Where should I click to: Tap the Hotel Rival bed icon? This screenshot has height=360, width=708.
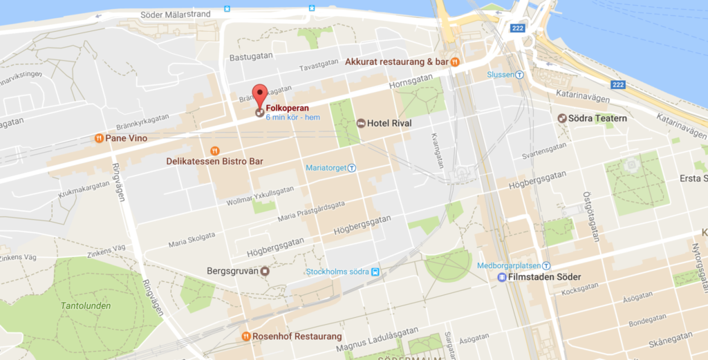point(361,123)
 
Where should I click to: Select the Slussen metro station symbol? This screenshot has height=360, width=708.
point(519,75)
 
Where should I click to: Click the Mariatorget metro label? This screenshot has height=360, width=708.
point(326,167)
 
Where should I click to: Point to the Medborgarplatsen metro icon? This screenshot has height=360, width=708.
point(546,265)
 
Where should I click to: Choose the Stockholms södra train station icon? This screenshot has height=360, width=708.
point(375,271)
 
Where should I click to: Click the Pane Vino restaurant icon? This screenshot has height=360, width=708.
point(100,138)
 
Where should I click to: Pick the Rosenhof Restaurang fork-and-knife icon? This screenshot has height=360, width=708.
point(245,337)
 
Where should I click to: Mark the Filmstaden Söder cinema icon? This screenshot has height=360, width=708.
point(501,277)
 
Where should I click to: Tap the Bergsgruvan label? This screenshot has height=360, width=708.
point(232,271)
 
